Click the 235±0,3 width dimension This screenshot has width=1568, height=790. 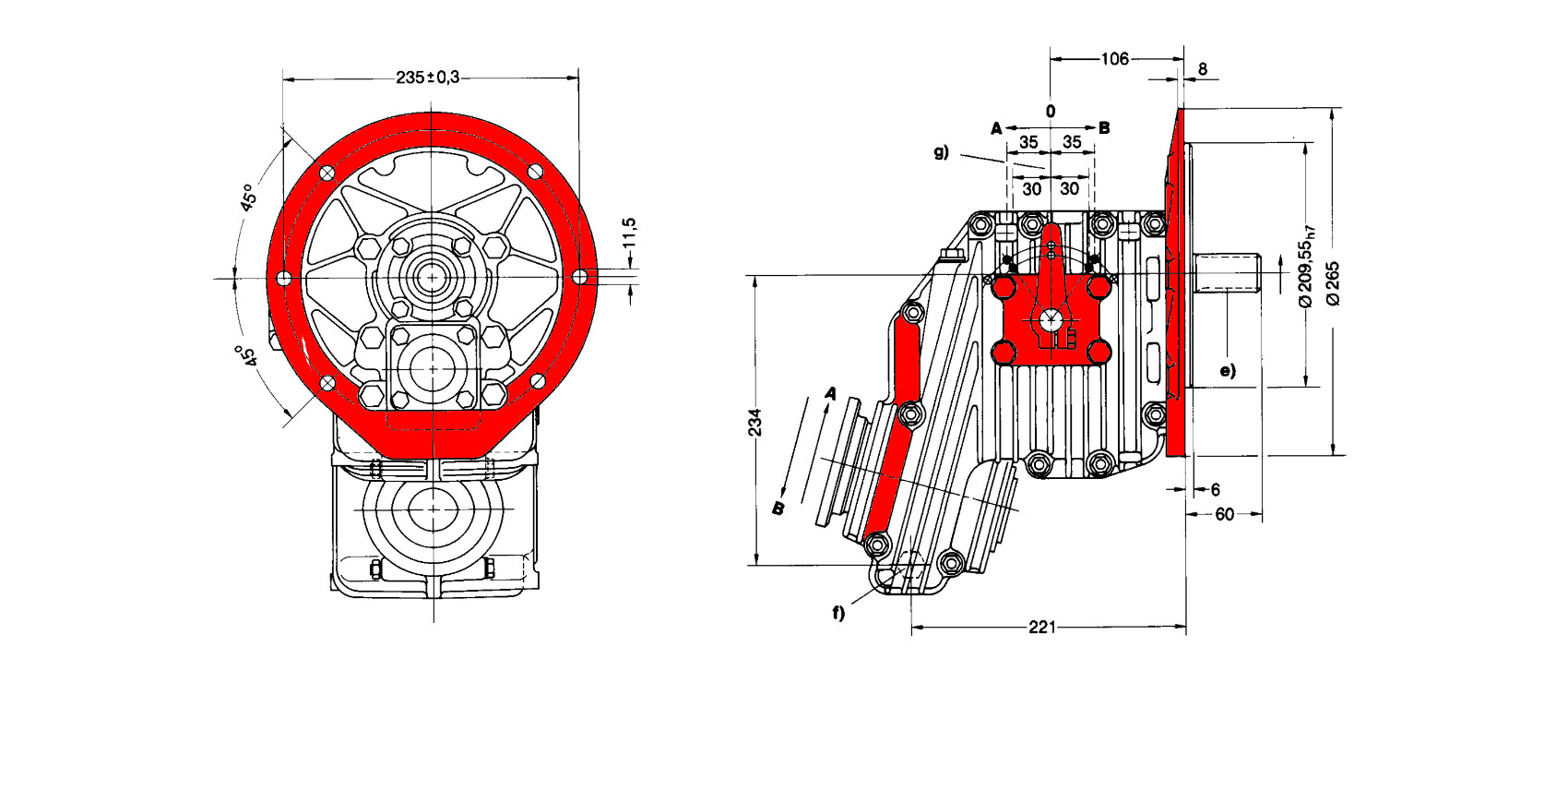click(427, 78)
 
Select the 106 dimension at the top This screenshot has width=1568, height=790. click(1114, 59)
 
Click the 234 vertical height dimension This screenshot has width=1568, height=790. click(755, 422)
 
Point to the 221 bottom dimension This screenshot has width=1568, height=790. click(1041, 628)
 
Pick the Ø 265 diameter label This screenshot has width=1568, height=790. click(1333, 283)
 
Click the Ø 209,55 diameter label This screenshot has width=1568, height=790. click(1306, 266)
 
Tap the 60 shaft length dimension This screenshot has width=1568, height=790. click(1224, 514)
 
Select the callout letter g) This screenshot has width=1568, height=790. click(941, 152)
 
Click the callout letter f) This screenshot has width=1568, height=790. click(838, 612)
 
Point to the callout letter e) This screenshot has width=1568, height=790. click(1227, 371)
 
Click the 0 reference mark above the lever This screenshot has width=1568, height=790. click(1051, 111)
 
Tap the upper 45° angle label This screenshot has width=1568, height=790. click(247, 198)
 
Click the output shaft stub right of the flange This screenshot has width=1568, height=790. click(1228, 274)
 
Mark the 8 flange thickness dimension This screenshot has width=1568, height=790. click(1202, 69)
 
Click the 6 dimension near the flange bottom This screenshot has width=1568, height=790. click(1215, 489)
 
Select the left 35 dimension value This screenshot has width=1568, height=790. click(1028, 142)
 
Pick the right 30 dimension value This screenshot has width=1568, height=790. click(1069, 188)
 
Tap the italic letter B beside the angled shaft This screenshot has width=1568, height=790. click(778, 508)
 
